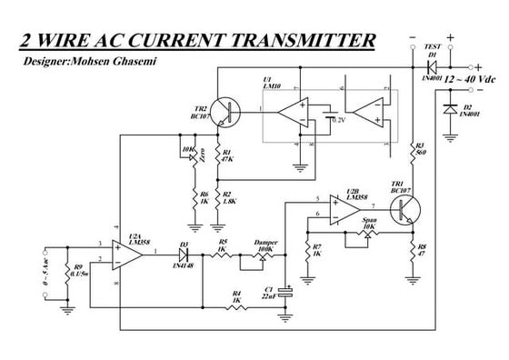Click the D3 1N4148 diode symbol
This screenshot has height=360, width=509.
click(184, 254)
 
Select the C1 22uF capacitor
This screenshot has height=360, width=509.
click(287, 292)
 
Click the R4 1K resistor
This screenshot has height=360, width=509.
click(237, 307)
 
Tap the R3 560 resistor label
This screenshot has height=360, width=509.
click(421, 150)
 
